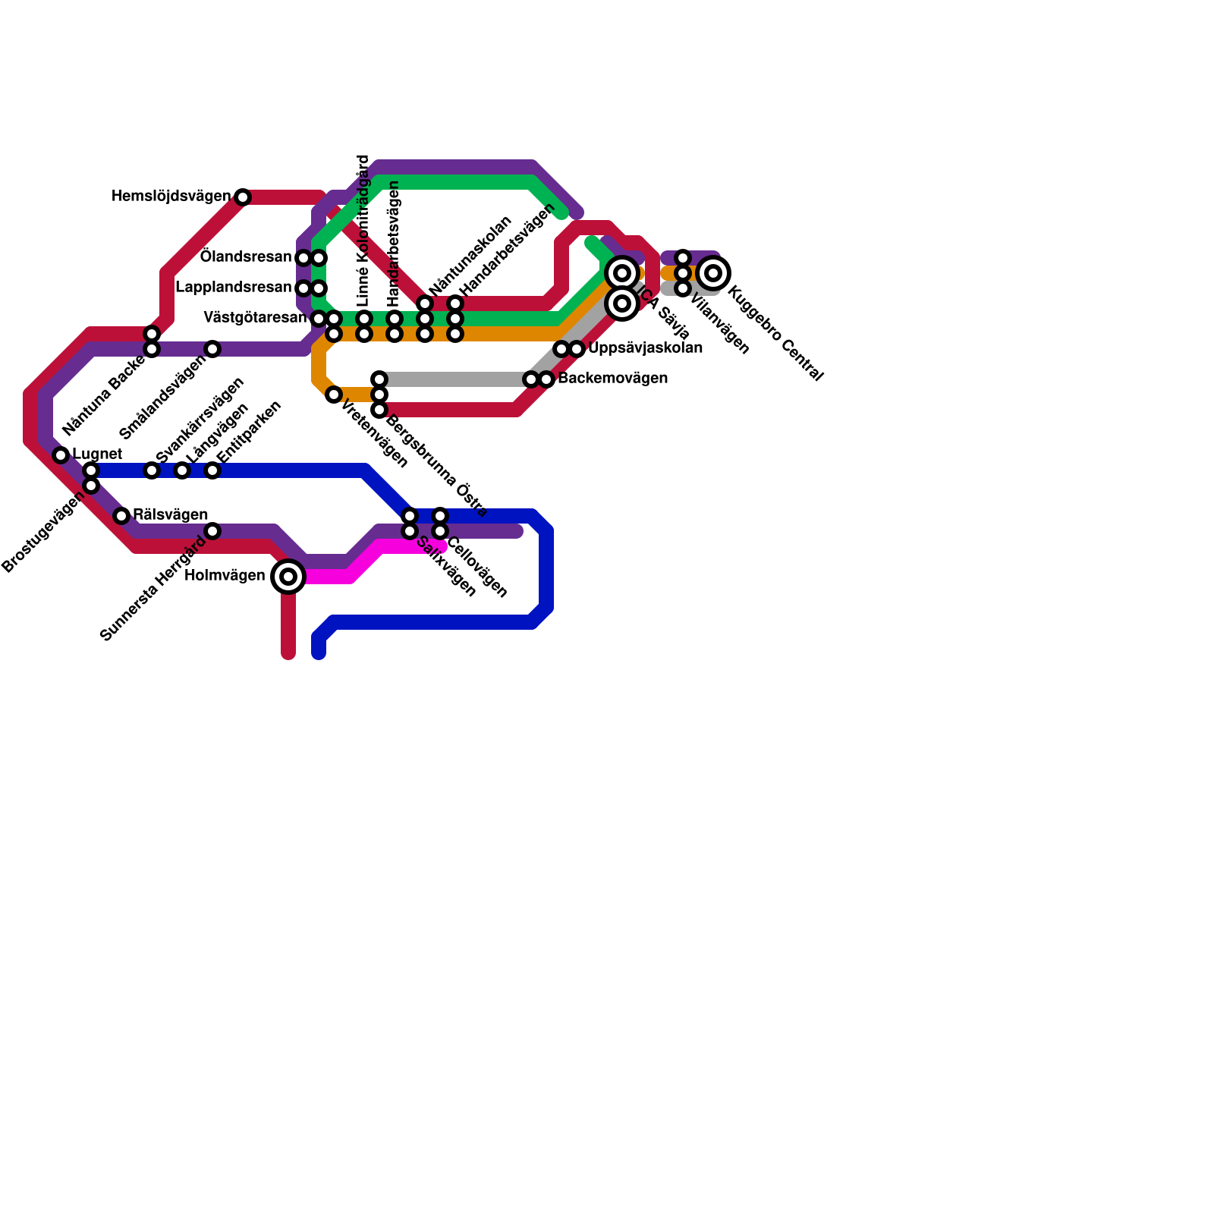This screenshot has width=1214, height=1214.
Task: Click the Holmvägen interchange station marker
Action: pos(288,577)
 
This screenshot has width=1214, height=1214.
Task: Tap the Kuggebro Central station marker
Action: pos(713,273)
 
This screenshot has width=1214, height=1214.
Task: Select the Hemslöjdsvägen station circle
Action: pos(243,197)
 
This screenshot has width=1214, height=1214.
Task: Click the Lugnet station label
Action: pos(97,454)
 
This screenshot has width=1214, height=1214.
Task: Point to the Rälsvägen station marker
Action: pos(121,516)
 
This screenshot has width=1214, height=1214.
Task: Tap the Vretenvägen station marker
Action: pos(334,395)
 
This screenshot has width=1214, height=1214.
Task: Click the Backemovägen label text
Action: pos(612,378)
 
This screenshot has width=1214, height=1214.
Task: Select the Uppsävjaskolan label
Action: pos(645,348)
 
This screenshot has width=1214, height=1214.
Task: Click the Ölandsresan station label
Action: pos(246,257)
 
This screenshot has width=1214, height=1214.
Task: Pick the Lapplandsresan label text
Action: pos(234,288)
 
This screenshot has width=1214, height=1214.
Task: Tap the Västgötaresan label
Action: pos(255,317)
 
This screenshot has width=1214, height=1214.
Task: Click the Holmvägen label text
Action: pos(225,575)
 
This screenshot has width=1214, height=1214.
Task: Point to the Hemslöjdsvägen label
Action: pos(171,197)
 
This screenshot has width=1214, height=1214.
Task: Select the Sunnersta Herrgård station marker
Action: pos(212,531)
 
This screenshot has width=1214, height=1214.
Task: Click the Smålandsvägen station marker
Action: pos(212,349)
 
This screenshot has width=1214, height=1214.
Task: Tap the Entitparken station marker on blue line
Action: pos(212,470)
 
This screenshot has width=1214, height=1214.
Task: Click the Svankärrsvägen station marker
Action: pos(152,470)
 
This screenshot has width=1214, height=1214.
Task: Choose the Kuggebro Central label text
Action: pos(775,333)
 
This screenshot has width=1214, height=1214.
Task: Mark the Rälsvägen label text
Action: pos(170,515)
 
